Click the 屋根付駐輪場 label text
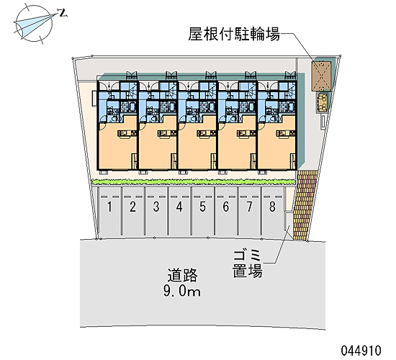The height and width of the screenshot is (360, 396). click(x=234, y=34)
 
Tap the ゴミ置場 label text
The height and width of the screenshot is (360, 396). click(x=247, y=264)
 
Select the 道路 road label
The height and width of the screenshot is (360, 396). click(x=182, y=275)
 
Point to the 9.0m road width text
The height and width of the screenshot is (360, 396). click(x=182, y=291)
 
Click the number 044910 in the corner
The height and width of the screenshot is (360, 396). click(x=361, y=351)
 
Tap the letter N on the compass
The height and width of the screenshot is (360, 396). click(x=62, y=13)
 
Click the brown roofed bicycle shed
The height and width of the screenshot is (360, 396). click(x=321, y=76)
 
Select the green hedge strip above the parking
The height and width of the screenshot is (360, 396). click(x=193, y=181)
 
